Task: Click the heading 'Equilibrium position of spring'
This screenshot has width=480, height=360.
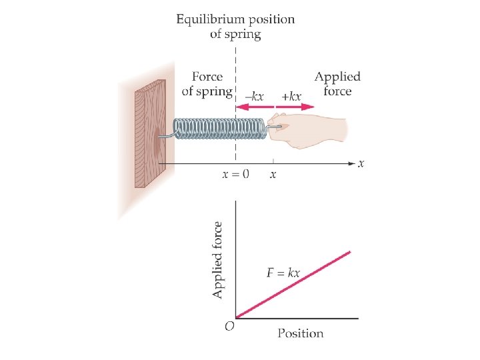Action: pos(235,26)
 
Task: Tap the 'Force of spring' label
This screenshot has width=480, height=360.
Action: pos(207,84)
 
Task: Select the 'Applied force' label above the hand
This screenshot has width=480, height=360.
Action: pos(337,84)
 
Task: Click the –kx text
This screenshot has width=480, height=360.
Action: pos(254,97)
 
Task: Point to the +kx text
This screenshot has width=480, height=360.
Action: pos(291,97)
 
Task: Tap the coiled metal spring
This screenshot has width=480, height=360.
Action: pos(220,129)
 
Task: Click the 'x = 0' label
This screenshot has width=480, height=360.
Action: pos(235,175)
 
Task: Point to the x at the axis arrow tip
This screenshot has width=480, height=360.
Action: pos(361,163)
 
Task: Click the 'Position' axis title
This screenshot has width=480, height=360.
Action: pos(300,333)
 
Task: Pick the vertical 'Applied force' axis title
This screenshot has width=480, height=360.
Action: pos(218,261)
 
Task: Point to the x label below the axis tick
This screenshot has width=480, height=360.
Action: pos(273,175)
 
